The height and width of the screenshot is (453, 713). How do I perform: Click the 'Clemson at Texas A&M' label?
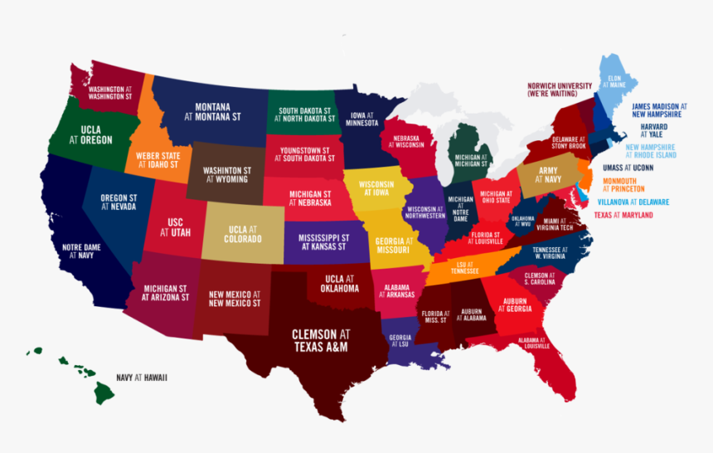click(x=321, y=341)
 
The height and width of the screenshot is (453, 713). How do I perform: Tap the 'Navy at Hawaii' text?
click(x=142, y=377)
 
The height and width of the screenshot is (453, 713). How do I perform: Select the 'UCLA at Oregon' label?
click(x=90, y=135)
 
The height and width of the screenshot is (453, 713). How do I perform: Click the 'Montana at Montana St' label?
click(x=212, y=112)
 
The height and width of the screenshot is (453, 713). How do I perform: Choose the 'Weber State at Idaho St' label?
click(x=158, y=160)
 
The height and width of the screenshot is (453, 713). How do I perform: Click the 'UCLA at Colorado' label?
click(x=243, y=234)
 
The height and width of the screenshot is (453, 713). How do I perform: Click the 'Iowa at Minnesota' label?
click(x=361, y=120)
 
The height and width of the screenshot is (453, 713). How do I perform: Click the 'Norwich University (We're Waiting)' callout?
click(x=560, y=90)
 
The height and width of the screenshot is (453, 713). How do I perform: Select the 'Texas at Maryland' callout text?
click(x=623, y=216)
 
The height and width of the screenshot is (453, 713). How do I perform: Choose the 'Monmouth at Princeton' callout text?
click(x=627, y=184)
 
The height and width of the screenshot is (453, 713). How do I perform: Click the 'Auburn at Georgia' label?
click(x=514, y=304)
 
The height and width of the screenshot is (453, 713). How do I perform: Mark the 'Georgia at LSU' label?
click(x=400, y=341)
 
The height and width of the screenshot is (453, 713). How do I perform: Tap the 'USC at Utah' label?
click(x=175, y=228)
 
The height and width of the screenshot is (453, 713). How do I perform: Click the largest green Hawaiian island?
click(x=105, y=391)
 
